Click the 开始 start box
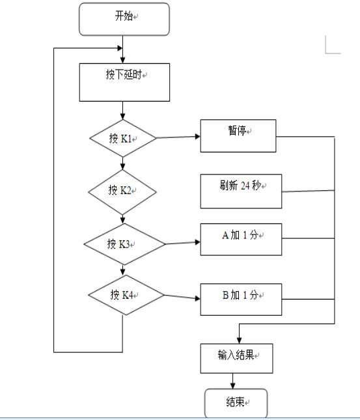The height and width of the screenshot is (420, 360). (x=124, y=19)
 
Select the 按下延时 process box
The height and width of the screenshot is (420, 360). (x=124, y=82)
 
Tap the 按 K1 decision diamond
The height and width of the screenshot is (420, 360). (x=122, y=138)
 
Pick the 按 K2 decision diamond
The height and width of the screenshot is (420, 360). (x=122, y=192)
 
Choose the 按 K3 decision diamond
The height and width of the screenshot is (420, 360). (x=124, y=244)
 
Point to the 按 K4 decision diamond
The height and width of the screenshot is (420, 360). (x=126, y=295)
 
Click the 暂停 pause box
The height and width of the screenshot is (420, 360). (x=238, y=136)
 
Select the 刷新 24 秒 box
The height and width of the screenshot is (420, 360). (x=241, y=191)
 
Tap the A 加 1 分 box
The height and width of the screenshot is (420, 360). (x=241, y=240)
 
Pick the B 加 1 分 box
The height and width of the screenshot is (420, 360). (x=241, y=300)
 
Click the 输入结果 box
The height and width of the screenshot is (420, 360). (x=237, y=358)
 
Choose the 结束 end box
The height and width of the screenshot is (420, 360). (x=236, y=403)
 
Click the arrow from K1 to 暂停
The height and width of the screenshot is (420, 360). (x=178, y=137)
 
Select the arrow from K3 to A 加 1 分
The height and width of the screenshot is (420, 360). (x=183, y=243)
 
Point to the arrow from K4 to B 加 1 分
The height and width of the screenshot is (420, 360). (x=182, y=297)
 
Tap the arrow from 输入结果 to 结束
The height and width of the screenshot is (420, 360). (x=232, y=381)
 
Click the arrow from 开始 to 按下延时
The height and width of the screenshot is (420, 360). (x=122, y=49)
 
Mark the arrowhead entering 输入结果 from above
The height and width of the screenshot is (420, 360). (x=239, y=341)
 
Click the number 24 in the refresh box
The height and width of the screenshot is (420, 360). (x=245, y=186)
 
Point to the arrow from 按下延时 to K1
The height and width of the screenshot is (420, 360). (x=122, y=110)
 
